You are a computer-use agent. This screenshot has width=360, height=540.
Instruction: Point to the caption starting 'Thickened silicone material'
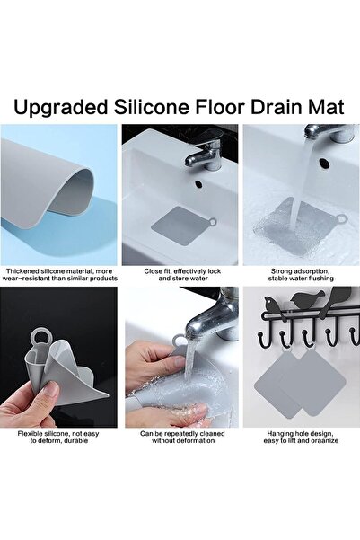point(60,275)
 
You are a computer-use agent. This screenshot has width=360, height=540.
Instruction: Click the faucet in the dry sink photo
point(205,148)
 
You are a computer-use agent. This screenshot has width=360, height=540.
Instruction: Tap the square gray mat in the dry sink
point(180,226)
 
